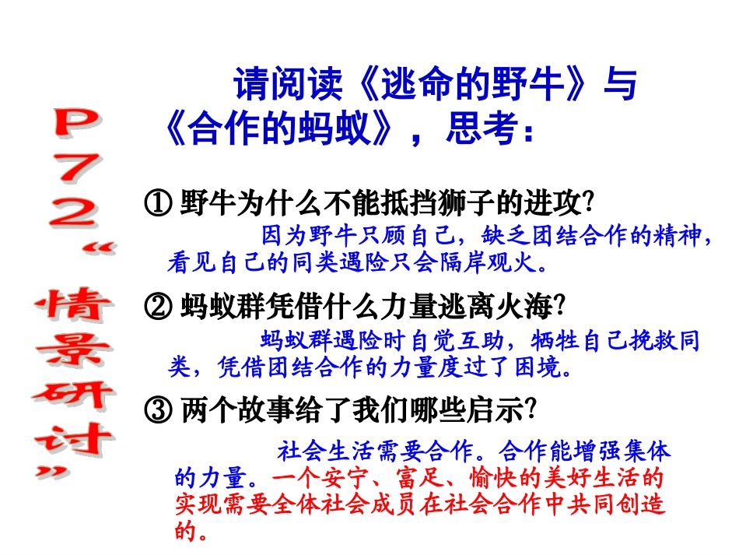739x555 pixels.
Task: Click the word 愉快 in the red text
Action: coord(492,476)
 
